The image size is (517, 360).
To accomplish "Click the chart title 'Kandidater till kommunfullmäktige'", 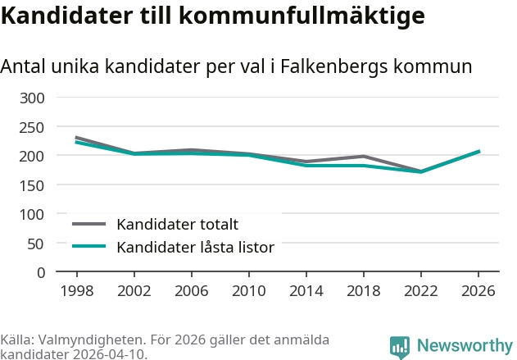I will point(213,16).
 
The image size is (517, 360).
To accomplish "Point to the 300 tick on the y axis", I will point(32,98).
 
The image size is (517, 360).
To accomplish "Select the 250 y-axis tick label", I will point(32,127).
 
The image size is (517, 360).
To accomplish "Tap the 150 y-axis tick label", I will point(32,185).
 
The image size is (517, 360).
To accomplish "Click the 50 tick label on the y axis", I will point(36,244).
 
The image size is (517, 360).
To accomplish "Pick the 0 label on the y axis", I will point(40,272).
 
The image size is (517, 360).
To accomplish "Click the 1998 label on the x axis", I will point(76,291).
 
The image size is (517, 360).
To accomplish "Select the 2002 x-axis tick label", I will point(134,291).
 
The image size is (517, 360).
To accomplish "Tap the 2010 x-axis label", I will point(248,291).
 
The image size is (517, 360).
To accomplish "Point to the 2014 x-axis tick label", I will point(306,291).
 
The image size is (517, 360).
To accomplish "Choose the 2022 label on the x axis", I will point(420,291).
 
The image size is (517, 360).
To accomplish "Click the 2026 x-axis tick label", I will point(478,291).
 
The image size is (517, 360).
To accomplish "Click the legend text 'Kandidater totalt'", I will point(177,224).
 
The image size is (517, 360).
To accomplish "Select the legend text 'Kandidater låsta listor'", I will point(195,247).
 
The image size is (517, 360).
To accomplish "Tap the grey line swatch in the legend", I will point(89,224).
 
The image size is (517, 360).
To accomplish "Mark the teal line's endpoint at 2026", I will point(478,152).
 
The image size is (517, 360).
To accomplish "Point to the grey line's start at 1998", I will point(76,138).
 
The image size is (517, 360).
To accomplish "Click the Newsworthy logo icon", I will point(399,347).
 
